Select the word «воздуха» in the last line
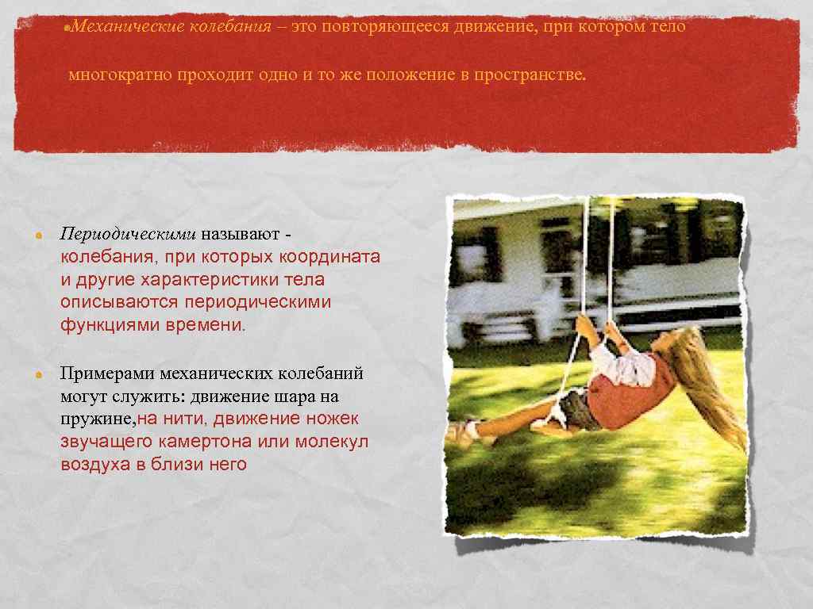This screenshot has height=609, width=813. (x=94, y=465)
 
